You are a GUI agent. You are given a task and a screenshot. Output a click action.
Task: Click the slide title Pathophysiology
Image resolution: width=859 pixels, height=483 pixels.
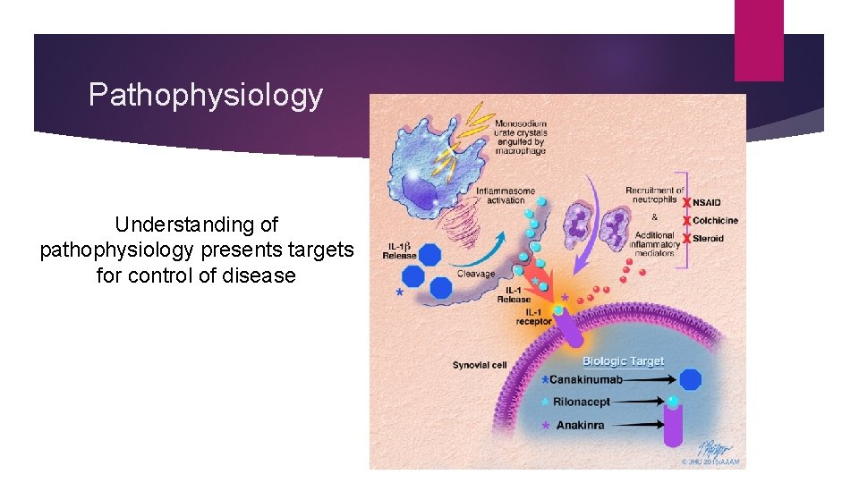[206, 95]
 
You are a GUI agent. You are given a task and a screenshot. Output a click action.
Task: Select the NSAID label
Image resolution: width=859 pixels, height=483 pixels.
[710, 203]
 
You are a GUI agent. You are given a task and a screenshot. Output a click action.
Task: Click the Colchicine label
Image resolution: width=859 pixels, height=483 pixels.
[715, 221]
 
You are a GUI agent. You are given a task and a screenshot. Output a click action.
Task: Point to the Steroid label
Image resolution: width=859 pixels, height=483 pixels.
[708, 239]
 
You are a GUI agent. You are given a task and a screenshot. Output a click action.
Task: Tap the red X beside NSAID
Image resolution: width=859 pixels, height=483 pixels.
[686, 203]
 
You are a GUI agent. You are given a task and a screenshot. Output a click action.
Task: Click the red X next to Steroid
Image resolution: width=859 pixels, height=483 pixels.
[686, 239]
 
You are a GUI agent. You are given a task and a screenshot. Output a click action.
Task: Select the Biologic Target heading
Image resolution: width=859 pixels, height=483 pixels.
[623, 361]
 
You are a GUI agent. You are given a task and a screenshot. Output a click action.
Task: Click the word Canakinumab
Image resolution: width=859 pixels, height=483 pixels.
[586, 380]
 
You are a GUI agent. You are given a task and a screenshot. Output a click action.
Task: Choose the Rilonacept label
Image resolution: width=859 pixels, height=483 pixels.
[582, 402]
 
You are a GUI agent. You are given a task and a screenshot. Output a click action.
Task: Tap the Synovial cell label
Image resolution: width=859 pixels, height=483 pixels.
[480, 365]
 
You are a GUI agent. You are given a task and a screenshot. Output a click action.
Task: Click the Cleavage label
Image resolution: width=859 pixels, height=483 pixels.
[476, 275]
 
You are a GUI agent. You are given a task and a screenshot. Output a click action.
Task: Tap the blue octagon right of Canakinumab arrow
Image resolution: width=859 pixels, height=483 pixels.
[690, 379]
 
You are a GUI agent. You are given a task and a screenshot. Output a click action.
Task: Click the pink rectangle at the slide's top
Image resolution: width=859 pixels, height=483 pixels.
[759, 40]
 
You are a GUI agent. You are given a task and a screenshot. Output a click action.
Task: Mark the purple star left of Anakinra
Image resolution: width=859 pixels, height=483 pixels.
[545, 426]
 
